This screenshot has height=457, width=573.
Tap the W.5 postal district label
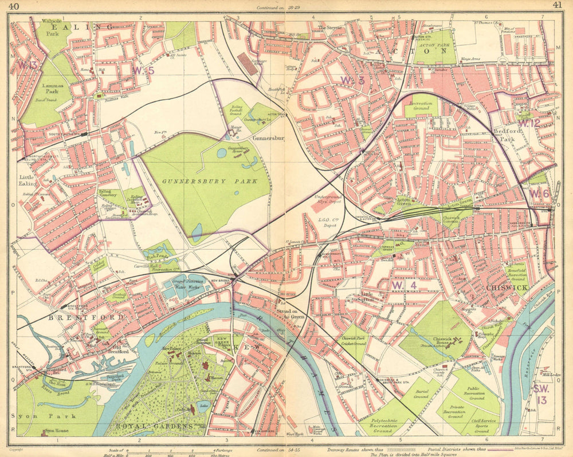click(x=143, y=70)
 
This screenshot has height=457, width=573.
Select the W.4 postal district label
click(x=403, y=285)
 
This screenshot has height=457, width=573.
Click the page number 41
click(x=557, y=6)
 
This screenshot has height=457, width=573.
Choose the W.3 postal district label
click(x=352, y=80)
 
